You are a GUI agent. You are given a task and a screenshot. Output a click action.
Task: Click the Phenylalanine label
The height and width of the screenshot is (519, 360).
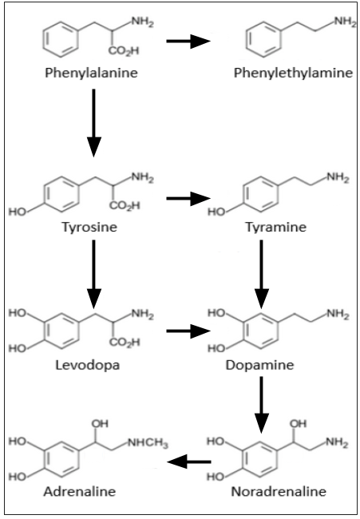91,73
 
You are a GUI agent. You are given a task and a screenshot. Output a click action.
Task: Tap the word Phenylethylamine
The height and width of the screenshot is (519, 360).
293,73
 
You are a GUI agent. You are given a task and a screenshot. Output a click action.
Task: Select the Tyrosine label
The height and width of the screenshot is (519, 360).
89,228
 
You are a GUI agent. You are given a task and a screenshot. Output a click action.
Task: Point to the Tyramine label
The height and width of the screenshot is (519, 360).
275,228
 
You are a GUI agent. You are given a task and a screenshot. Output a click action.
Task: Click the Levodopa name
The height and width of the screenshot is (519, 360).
87,366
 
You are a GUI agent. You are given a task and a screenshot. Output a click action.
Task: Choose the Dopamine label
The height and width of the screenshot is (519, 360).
259,366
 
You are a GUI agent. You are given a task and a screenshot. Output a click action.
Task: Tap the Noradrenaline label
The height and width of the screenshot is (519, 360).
279,492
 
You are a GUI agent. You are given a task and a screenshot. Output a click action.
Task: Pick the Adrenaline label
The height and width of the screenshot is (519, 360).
80,492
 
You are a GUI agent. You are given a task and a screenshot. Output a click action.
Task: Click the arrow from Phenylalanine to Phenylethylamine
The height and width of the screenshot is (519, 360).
188,42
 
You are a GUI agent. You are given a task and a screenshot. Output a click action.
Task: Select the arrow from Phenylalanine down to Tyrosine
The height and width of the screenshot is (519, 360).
93,123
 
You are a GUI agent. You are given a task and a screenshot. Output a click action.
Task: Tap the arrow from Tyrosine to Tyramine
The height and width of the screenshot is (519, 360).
188,199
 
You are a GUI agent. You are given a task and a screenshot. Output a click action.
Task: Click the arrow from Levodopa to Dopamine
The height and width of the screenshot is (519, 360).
188,331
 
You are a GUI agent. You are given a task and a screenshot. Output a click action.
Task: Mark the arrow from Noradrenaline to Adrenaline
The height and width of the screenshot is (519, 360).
189,462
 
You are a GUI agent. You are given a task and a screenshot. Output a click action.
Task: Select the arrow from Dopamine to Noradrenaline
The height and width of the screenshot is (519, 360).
261,405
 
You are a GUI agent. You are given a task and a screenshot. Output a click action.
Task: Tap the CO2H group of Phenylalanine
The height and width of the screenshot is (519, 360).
125,51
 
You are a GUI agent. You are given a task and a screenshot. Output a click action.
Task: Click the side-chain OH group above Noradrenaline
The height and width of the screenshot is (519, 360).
298,424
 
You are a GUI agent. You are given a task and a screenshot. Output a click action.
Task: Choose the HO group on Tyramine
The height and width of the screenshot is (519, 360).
216,212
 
